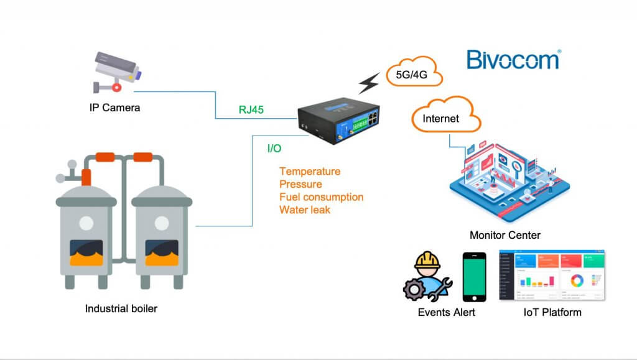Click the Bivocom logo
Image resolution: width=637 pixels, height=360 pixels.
pos(513,60)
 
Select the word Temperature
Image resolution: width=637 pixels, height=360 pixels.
pos(310,171)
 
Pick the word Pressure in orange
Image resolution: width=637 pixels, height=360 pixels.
pos(300,184)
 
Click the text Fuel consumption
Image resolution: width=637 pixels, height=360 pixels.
pos(321,197)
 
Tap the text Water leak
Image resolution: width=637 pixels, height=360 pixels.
pos(305,210)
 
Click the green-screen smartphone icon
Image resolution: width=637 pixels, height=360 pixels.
pos(474,276)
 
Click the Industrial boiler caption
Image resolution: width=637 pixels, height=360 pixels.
pos(121,308)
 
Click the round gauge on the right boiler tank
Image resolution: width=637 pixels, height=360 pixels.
pos(162,223)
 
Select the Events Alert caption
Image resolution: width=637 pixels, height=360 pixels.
pos(446,312)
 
